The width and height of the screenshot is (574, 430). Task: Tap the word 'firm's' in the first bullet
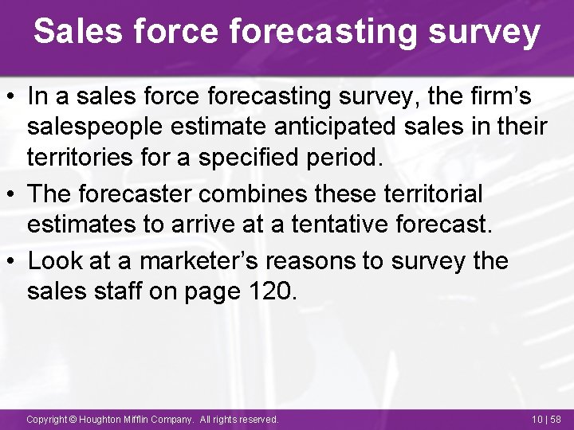pyautogui.click(x=505, y=97)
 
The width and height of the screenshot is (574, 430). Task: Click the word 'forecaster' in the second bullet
pyautogui.click(x=140, y=194)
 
